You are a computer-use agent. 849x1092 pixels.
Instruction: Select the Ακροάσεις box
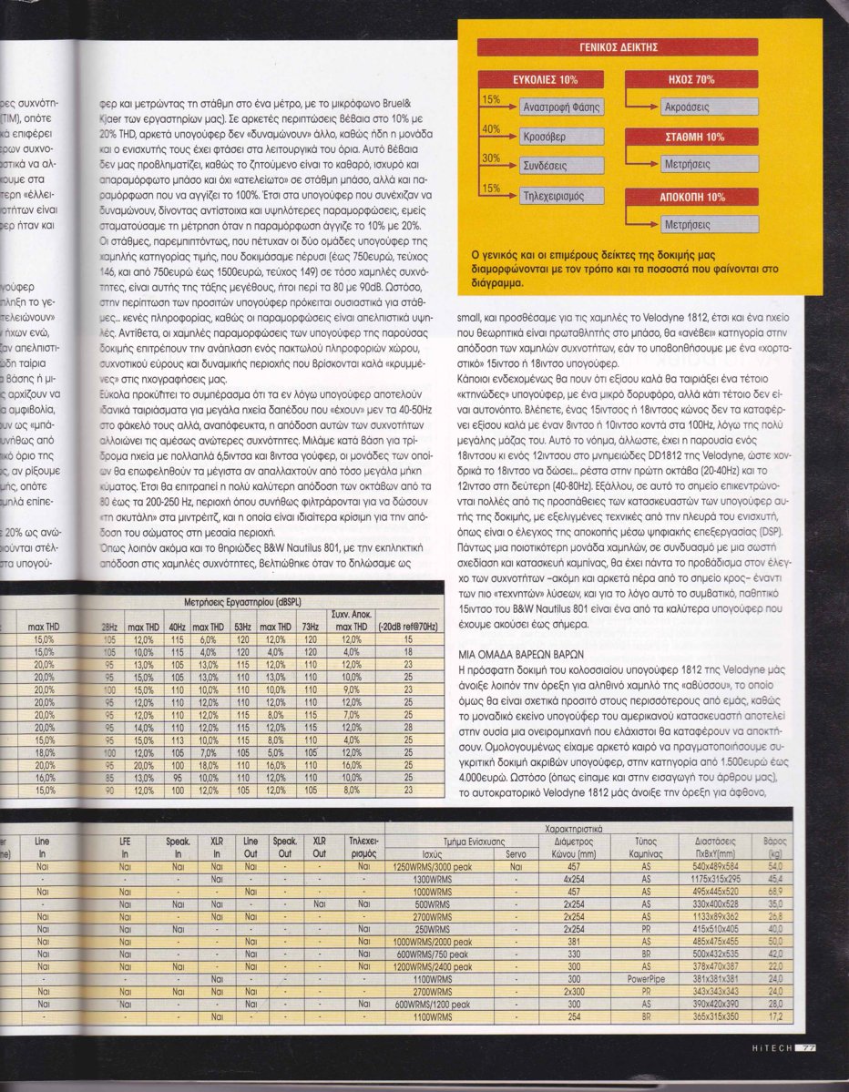693,107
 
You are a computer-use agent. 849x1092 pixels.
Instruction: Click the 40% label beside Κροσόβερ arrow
490,129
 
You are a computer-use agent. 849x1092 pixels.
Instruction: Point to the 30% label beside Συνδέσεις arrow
490,158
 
